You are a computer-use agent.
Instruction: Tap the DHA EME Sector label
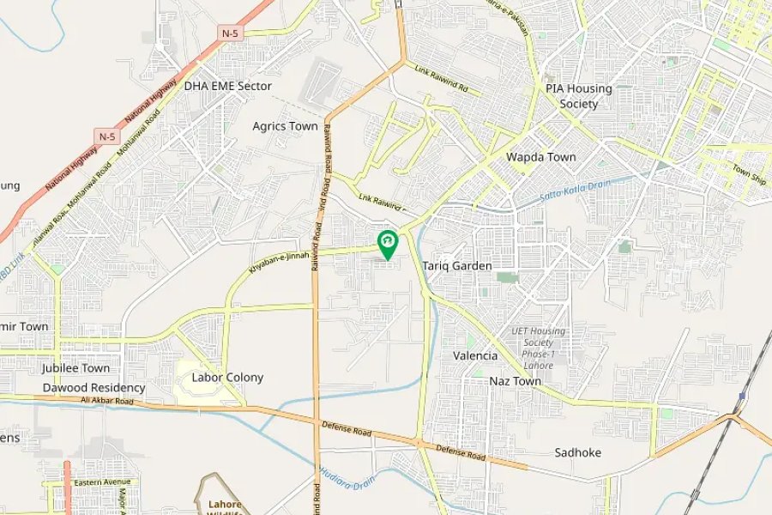(x=227, y=86)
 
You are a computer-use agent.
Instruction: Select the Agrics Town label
(x=285, y=126)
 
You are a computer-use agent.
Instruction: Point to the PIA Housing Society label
(x=579, y=96)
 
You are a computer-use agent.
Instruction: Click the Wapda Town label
(x=540, y=157)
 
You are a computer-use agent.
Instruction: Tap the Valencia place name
(x=474, y=355)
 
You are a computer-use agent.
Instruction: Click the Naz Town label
(x=515, y=380)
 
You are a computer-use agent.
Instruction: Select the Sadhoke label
(x=577, y=452)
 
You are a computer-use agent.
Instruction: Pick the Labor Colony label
(x=227, y=377)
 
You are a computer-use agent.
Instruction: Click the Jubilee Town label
(x=75, y=367)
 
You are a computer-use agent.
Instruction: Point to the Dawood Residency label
(x=94, y=388)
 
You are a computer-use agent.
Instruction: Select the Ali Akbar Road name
(x=107, y=401)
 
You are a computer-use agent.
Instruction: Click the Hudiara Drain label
(x=347, y=476)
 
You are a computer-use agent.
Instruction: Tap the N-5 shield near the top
(x=230, y=33)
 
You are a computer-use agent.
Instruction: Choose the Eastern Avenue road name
(x=101, y=482)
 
